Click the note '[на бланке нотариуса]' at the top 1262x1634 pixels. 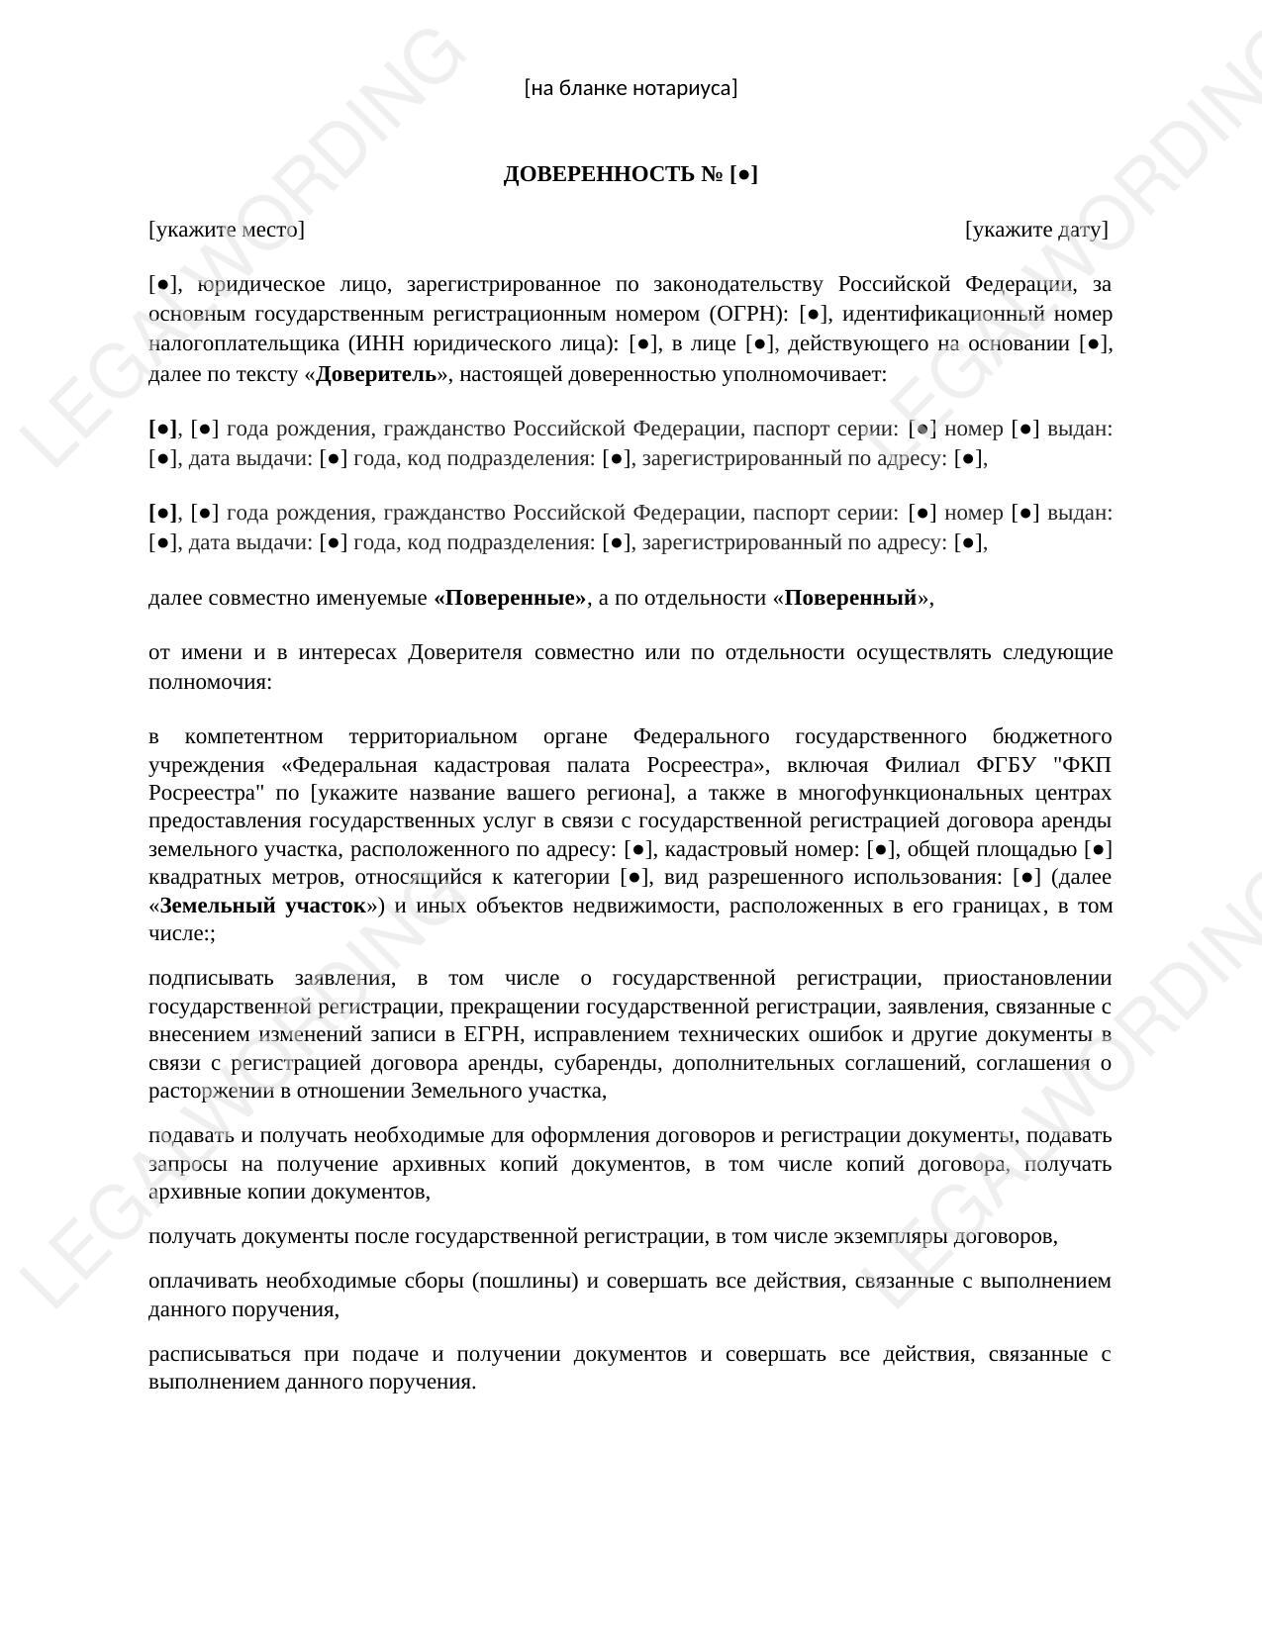pos(631,88)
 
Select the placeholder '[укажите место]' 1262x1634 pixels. pos(227,230)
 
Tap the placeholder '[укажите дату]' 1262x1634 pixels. pos(1036,230)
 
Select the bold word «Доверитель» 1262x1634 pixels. pos(376,374)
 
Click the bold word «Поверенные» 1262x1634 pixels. pos(510,598)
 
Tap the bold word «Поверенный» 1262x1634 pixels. pos(850,598)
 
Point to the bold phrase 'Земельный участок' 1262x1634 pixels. pos(262,906)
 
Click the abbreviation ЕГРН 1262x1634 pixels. pos(484,1034)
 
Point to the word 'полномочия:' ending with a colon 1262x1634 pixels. pos(210,682)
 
